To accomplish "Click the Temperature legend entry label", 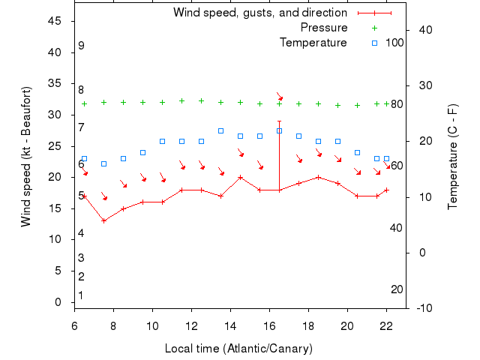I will coord(313,42).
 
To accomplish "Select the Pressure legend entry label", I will coord(323,28).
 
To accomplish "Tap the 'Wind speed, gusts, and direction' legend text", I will coord(259,13).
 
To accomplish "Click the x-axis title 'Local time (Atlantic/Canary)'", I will coord(238,349).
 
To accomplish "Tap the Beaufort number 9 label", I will coord(81,46).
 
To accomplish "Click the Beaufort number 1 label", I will coord(81,295).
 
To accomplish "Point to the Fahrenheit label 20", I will coord(397,289).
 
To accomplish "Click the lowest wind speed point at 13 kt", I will coord(103,220).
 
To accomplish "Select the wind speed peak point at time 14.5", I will coord(240,177).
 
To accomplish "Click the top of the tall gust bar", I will coord(279,121).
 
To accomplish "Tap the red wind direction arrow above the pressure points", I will coord(279,96).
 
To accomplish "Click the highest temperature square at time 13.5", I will coord(220,130).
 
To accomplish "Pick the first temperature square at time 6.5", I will coord(84,159).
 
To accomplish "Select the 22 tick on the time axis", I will coord(386,325).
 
